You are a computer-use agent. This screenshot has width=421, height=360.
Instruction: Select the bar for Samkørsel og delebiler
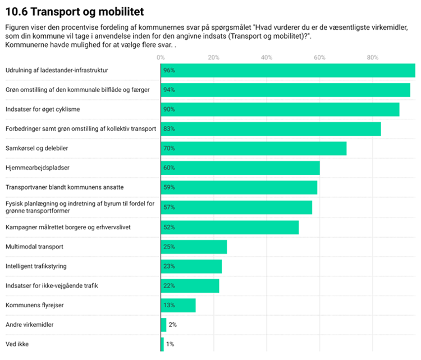point(254,149)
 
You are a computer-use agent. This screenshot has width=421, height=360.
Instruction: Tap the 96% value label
point(169,70)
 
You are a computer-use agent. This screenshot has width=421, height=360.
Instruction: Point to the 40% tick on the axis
point(267,57)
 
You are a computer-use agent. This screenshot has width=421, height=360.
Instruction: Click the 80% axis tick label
point(373,57)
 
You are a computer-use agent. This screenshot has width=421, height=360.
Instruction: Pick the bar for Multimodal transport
point(194,247)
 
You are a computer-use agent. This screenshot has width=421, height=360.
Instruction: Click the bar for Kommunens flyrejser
point(179,306)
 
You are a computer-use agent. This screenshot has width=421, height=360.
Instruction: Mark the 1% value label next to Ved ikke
point(170,344)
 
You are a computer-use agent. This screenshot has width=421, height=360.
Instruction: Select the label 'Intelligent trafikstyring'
point(36,266)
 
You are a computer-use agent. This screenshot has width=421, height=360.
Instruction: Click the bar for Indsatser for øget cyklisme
point(280,109)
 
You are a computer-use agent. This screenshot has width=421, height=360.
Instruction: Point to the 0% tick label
point(161,57)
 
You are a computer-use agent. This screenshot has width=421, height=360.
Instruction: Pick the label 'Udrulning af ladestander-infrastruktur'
point(57,70)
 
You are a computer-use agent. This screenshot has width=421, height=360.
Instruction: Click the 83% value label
point(169,129)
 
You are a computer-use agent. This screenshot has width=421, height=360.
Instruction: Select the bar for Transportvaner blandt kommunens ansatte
point(239,187)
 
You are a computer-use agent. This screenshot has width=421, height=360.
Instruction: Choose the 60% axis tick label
point(319,57)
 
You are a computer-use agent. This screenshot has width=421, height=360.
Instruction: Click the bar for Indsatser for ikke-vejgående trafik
point(190,286)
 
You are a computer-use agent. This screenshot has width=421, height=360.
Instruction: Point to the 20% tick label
point(213,57)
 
